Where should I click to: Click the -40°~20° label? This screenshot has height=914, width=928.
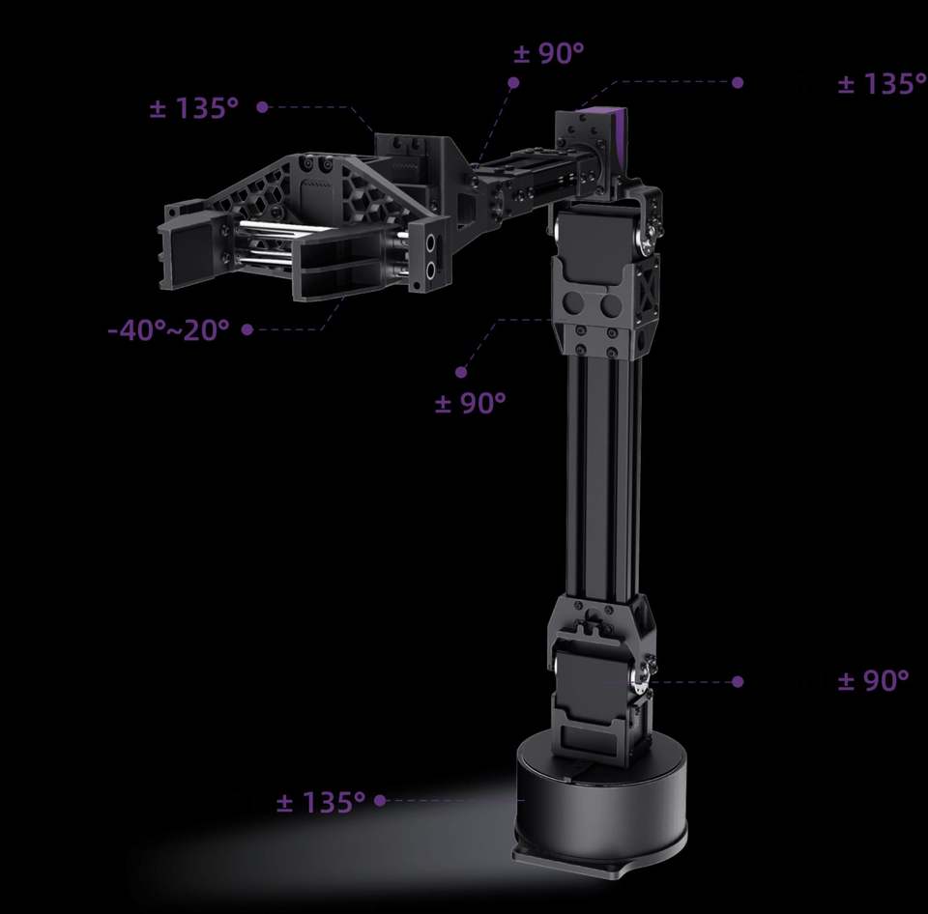coord(168,329)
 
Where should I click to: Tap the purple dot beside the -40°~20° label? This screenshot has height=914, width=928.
coord(247,329)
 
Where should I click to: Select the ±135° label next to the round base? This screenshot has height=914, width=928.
coord(321,802)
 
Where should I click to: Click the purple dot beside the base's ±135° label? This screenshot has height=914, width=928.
coord(380,800)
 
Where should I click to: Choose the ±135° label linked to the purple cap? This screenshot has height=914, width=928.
coord(882,84)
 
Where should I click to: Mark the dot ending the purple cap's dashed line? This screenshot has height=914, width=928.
coord(738,82)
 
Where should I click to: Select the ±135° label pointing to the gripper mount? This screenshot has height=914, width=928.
coord(193,107)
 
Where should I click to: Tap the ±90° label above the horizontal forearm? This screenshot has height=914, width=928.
coord(549,52)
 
